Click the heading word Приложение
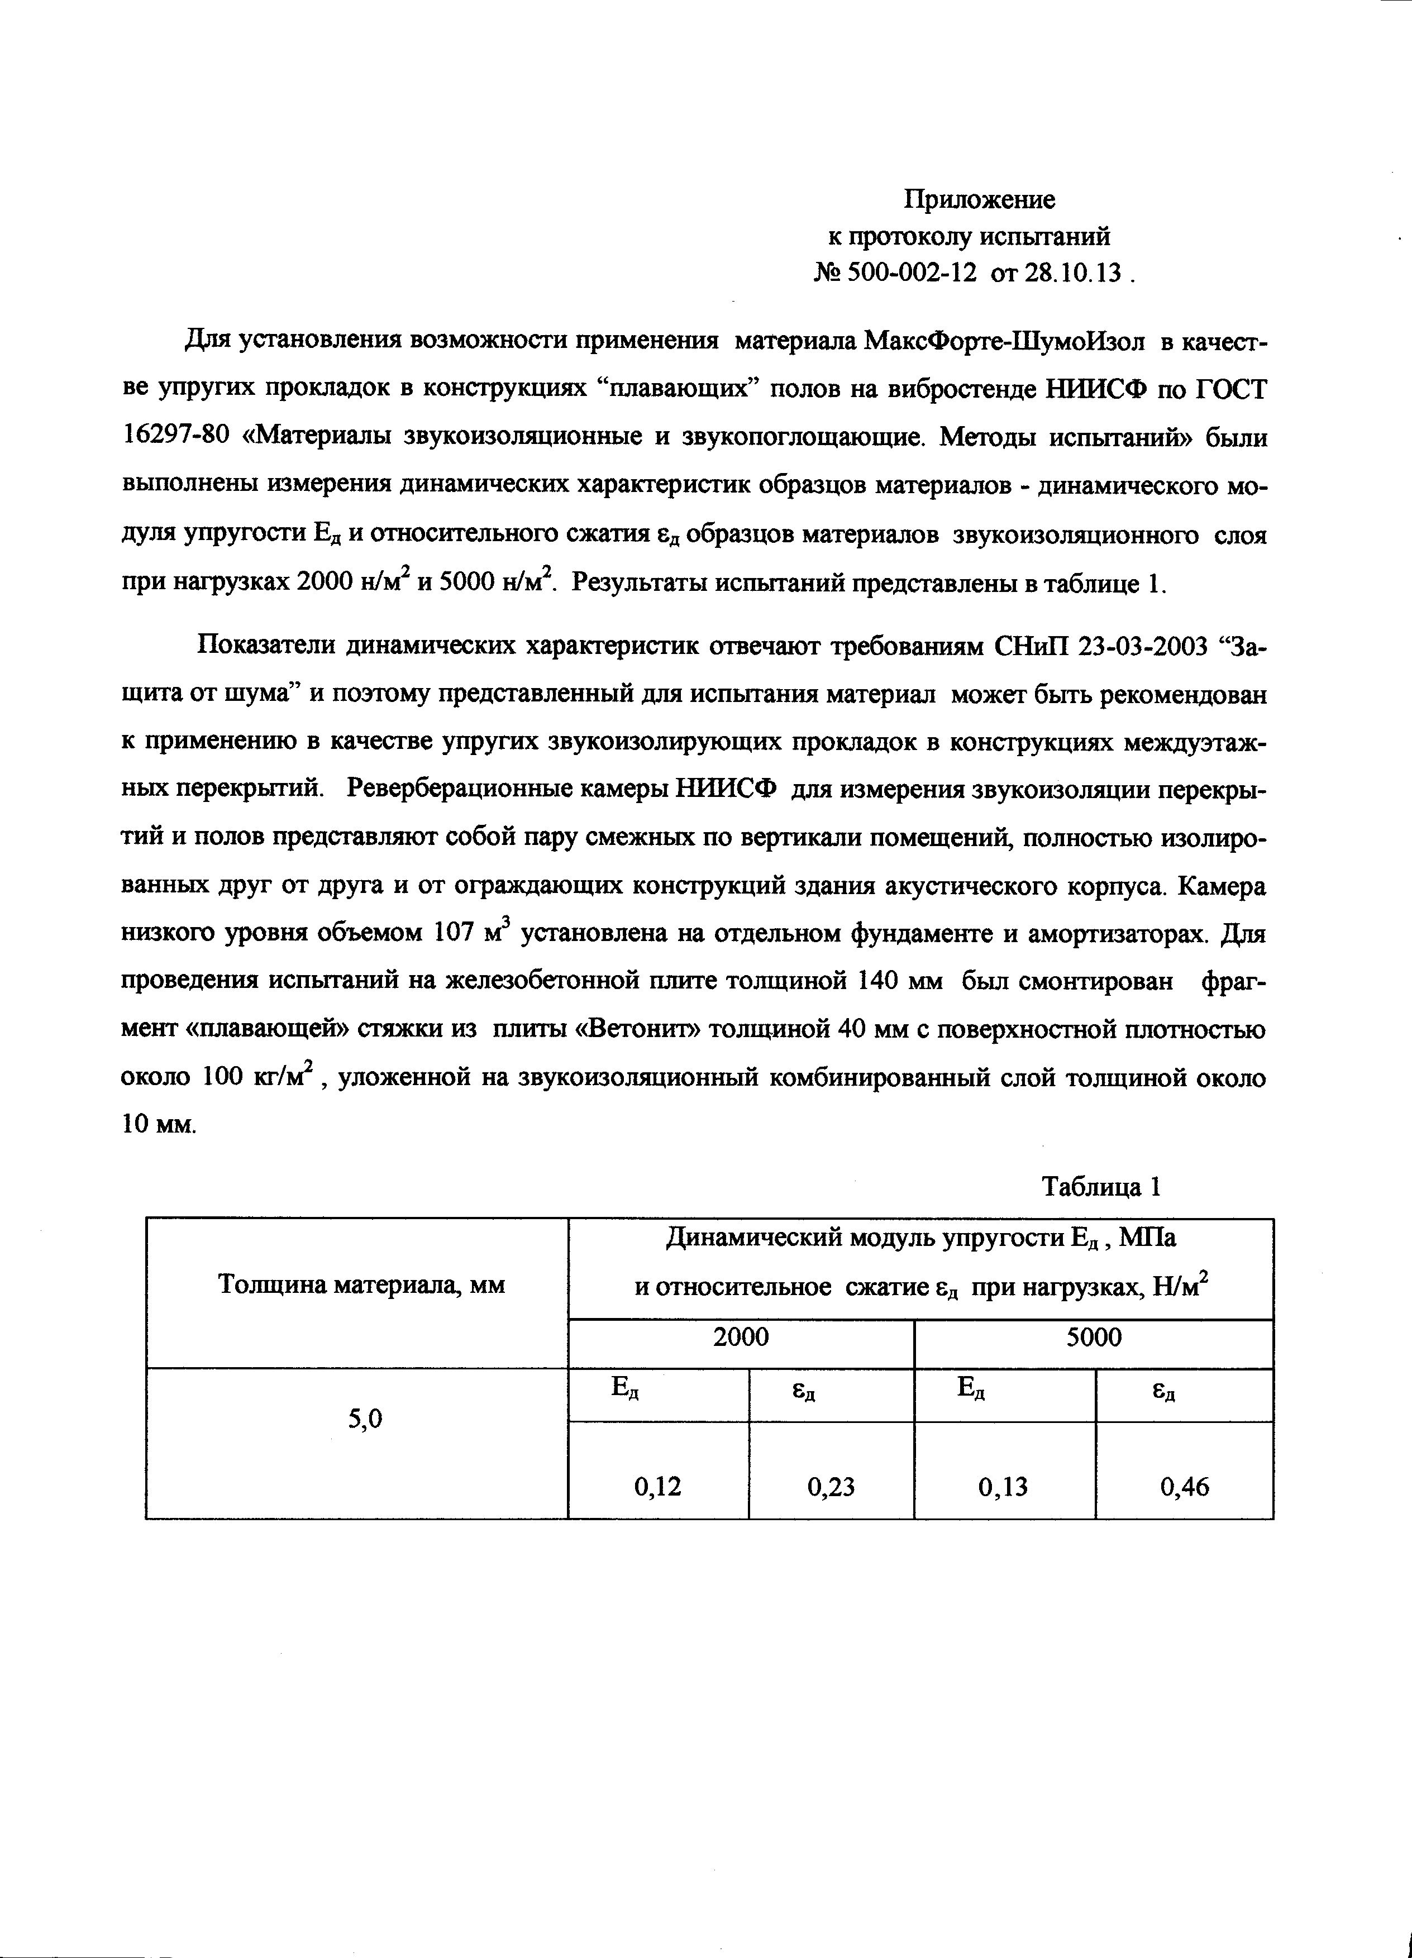(x=979, y=200)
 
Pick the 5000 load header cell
(x=1093, y=1338)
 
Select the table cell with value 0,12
(x=658, y=1486)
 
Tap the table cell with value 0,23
(x=831, y=1486)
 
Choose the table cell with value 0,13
(x=1004, y=1486)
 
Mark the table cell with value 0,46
(x=1185, y=1486)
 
